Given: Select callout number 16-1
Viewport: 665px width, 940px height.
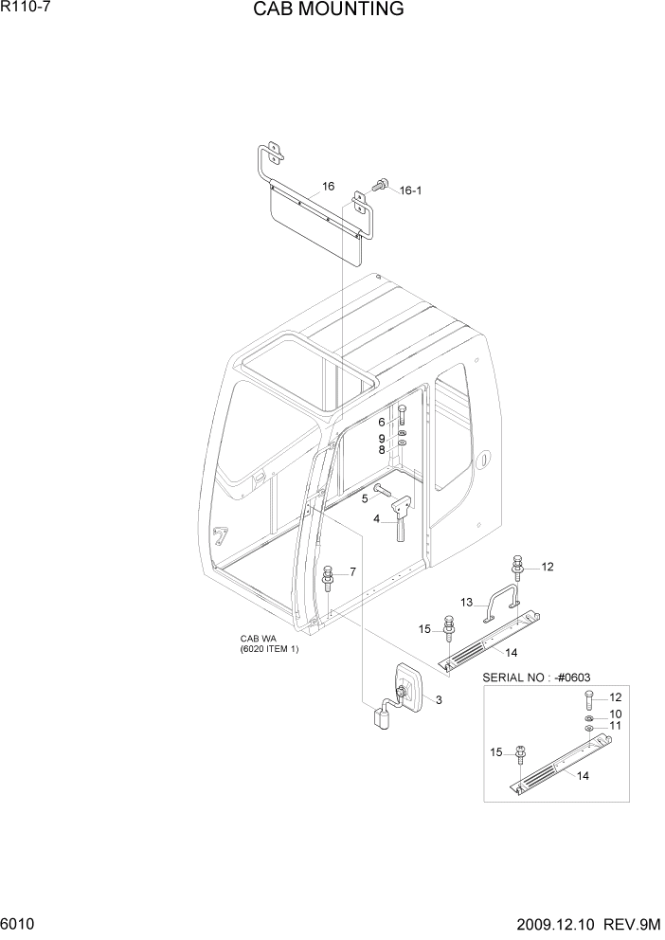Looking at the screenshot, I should tap(410, 190).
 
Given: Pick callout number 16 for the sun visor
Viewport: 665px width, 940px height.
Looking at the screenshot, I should tap(328, 187).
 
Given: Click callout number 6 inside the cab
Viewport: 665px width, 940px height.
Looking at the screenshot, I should tap(383, 422).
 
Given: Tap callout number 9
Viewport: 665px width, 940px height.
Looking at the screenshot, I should tap(383, 438).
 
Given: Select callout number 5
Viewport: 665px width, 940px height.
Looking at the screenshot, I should tap(364, 497).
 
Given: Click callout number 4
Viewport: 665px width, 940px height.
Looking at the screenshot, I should tap(376, 518).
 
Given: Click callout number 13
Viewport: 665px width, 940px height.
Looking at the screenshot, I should tap(466, 602).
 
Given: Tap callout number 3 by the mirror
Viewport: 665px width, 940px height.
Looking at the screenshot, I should tap(439, 699).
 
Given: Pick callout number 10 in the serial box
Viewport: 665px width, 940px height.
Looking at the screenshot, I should tap(615, 714).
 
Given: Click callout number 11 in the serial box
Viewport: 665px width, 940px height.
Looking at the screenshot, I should tap(615, 726).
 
